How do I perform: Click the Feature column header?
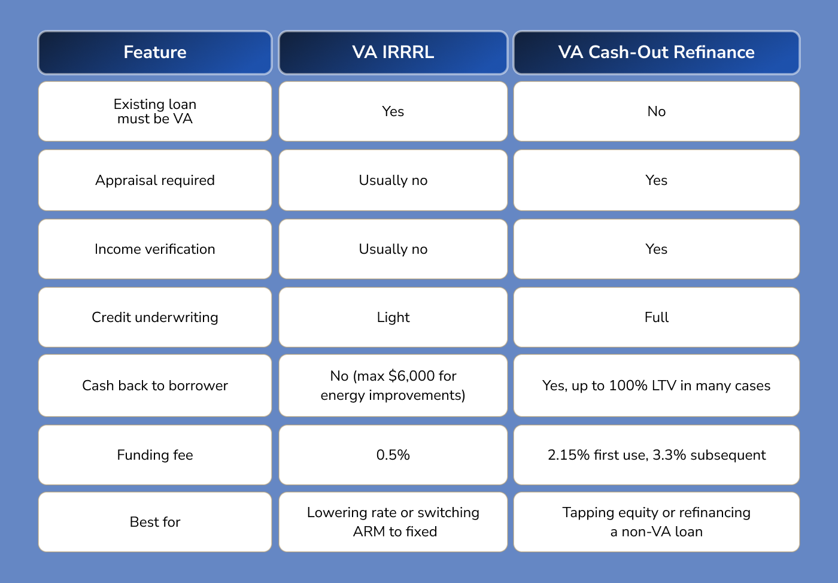point(155,53)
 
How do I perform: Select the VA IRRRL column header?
point(393,53)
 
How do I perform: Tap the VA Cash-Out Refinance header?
point(656,53)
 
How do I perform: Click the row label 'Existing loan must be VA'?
point(155,111)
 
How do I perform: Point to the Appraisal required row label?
point(155,180)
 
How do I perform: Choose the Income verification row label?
point(155,249)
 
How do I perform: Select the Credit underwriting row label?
point(155,317)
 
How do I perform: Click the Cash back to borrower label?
point(155,385)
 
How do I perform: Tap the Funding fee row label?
point(155,455)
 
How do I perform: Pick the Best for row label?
point(155,522)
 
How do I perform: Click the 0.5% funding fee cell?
point(393,455)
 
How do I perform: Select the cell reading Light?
point(393,317)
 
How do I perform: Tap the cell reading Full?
point(656,317)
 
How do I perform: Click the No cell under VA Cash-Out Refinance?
point(656,111)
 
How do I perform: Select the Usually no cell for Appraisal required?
point(393,180)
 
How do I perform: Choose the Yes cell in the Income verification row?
point(656,249)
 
